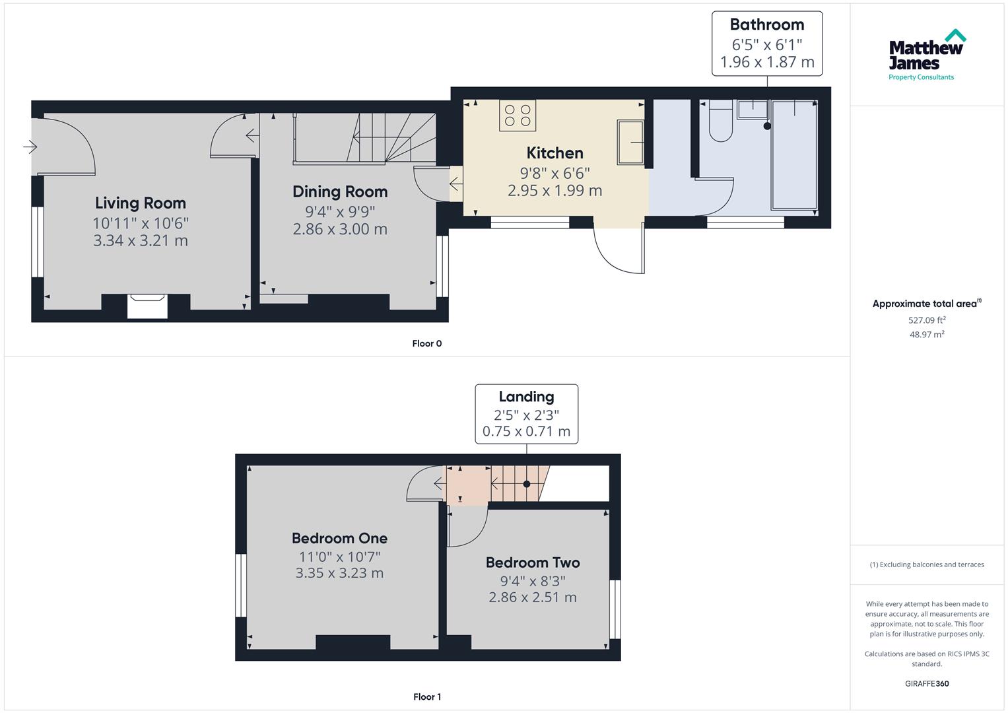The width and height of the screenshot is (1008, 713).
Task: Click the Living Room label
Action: (x=140, y=203)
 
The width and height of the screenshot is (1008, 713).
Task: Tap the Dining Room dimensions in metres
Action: (x=339, y=230)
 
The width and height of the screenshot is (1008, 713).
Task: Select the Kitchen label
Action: (x=554, y=153)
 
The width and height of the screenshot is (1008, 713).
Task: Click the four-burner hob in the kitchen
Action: (x=518, y=116)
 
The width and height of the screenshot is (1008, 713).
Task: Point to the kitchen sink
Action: (x=630, y=142)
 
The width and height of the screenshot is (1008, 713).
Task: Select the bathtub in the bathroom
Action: (x=794, y=155)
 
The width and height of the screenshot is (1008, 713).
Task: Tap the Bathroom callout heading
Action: (x=766, y=25)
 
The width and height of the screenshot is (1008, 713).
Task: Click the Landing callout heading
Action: (x=526, y=397)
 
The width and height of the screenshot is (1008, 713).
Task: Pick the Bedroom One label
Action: (x=339, y=539)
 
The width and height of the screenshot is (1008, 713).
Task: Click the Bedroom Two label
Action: (x=532, y=563)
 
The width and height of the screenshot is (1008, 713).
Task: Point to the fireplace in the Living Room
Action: (x=147, y=306)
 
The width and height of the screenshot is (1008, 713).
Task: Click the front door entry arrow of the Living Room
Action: (x=30, y=147)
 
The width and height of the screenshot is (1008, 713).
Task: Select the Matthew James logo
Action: (x=927, y=55)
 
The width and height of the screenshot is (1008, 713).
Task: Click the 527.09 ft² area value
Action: (x=927, y=320)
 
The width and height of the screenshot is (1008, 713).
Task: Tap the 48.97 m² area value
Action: (x=927, y=335)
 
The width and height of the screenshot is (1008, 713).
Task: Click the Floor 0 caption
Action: (x=426, y=343)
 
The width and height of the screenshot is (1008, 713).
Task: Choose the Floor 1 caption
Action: (x=426, y=697)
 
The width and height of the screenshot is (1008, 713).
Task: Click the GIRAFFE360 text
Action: (x=927, y=684)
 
